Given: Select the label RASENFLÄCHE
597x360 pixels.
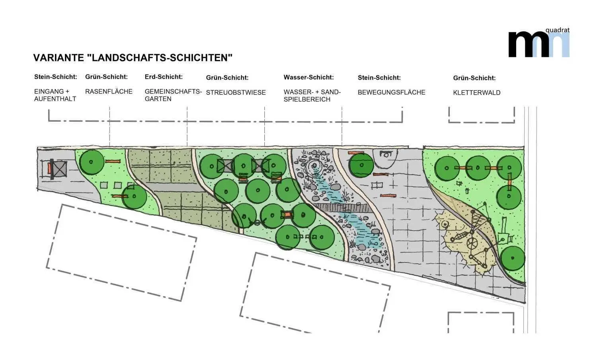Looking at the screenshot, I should [x=109, y=91].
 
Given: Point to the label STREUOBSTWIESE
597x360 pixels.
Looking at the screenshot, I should [x=236, y=93].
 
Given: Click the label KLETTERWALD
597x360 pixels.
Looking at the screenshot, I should [x=476, y=93].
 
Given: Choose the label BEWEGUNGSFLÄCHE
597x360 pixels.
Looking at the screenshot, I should [x=391, y=92].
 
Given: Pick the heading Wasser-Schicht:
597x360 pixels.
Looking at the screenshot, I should [x=308, y=77].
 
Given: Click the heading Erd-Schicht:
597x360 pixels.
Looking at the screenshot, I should [x=164, y=77].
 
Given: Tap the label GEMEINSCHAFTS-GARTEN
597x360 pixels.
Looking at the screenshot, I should [x=173, y=95].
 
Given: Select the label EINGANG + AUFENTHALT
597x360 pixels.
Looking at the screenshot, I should [x=55, y=95].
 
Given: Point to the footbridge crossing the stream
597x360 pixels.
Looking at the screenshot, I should [x=342, y=208].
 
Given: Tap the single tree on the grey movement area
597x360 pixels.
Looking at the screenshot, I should [x=361, y=165].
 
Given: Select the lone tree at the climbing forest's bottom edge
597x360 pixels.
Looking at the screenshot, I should [x=513, y=258].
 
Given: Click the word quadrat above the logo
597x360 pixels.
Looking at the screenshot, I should [x=557, y=30].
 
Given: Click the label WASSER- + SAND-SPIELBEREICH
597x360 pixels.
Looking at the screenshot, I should [x=312, y=96].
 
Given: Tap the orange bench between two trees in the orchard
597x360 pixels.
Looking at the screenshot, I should [x=287, y=215].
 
